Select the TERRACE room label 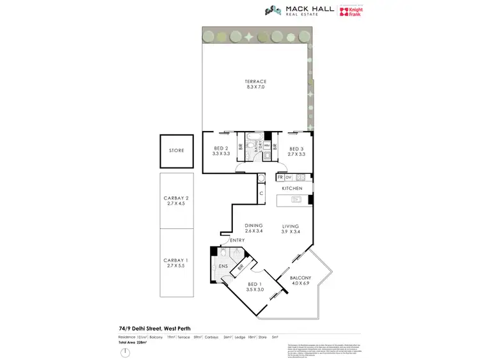coord(255,81)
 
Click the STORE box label coord(177,151)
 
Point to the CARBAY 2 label coord(177,198)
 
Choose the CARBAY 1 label coord(177,260)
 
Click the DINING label coord(253,225)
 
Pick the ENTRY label coord(237,240)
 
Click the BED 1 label coord(255,285)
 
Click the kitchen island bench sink coord(295,200)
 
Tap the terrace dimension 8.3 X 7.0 coord(255,87)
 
